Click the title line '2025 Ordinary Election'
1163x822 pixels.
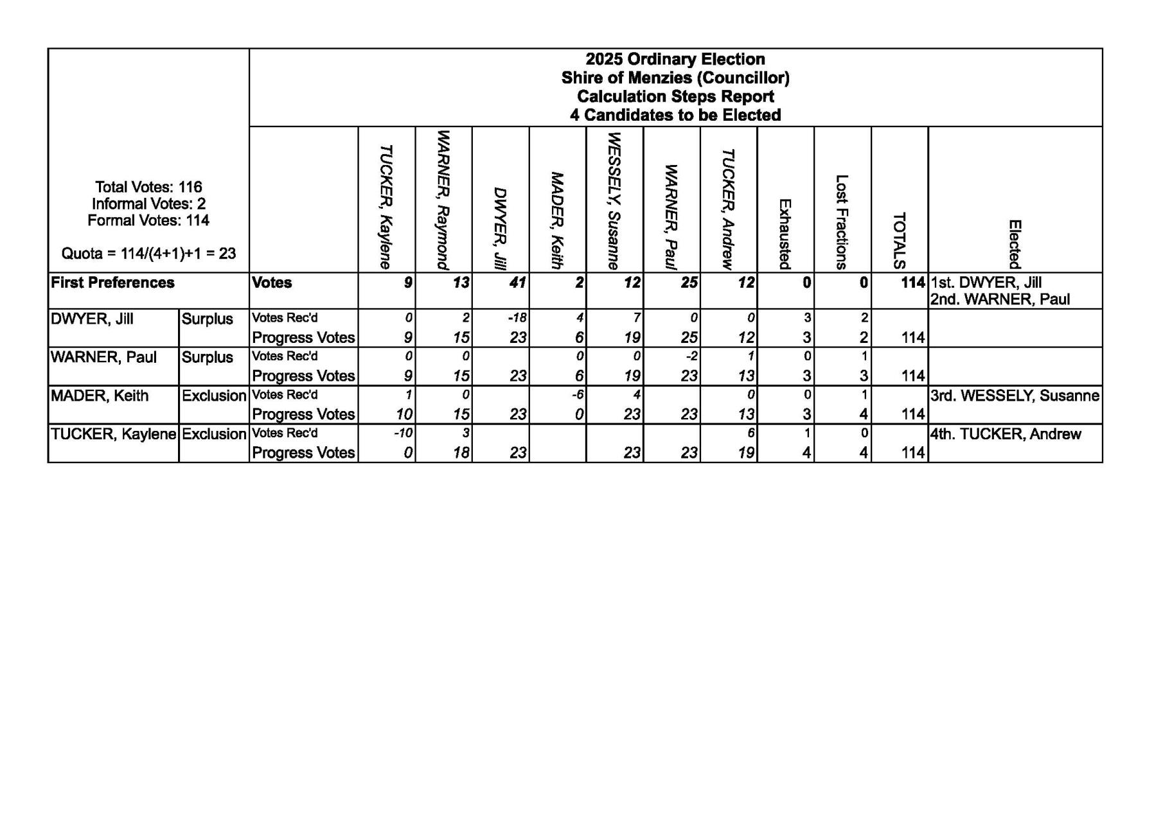[x=675, y=60]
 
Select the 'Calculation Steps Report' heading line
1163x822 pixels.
[x=675, y=97]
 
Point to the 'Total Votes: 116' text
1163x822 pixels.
[x=148, y=188]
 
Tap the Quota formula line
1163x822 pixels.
[x=148, y=254]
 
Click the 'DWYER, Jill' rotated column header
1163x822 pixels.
[x=500, y=228]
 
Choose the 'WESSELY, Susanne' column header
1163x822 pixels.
[x=614, y=200]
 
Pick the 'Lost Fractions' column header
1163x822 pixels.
[x=842, y=222]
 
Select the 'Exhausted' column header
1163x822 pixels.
[x=785, y=234]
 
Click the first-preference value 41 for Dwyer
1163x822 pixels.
[x=517, y=283]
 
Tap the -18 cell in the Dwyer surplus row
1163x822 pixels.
[x=517, y=318]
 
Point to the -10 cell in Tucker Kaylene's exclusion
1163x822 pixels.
[x=403, y=433]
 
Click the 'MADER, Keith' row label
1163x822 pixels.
[x=100, y=396]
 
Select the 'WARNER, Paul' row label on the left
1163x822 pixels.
[x=103, y=358]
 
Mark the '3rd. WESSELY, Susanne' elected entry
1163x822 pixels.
[x=1015, y=396]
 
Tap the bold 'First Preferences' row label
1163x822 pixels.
[x=112, y=283]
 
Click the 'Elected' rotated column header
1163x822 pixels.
[x=1014, y=244]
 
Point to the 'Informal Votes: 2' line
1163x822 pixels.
[x=148, y=204]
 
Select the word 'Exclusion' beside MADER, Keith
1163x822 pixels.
[x=214, y=396]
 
